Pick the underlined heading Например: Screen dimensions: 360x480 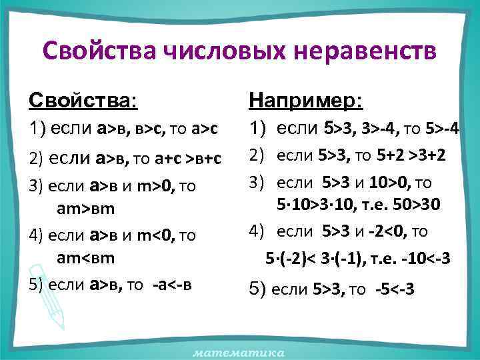(306, 101)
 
